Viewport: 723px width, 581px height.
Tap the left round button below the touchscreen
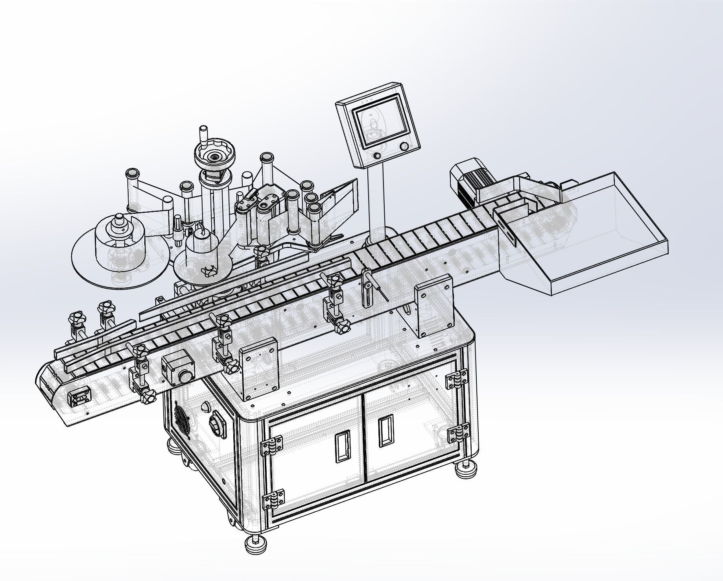click(377, 156)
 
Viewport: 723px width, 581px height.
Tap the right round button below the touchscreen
click(404, 146)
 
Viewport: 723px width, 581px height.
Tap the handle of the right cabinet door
click(385, 432)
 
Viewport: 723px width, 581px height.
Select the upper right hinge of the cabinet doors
click(456, 380)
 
